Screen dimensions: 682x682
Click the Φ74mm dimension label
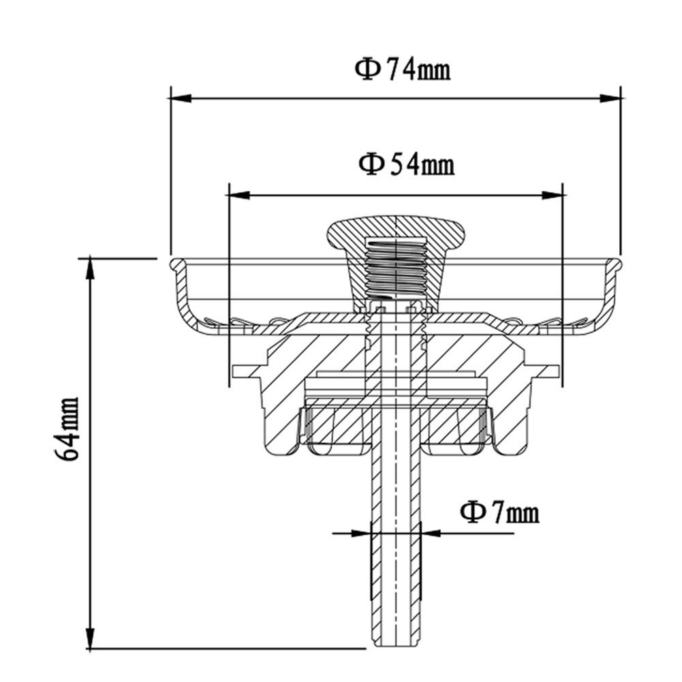click(x=402, y=69)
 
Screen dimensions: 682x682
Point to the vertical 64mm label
click(x=68, y=429)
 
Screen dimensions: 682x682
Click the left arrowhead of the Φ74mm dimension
click(x=179, y=98)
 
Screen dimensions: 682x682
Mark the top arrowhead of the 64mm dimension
click(x=89, y=267)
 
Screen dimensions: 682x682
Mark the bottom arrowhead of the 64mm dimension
click(x=89, y=640)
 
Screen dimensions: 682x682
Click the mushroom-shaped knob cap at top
click(x=395, y=235)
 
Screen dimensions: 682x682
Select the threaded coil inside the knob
click(x=395, y=269)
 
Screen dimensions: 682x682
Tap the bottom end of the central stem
click(x=395, y=644)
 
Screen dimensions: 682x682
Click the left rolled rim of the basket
click(x=175, y=264)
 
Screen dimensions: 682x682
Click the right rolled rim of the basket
click(x=615, y=264)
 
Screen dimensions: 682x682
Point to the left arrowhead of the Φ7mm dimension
click(x=361, y=533)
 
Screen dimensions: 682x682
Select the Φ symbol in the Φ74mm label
click(x=367, y=69)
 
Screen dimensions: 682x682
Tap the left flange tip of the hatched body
click(x=236, y=371)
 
